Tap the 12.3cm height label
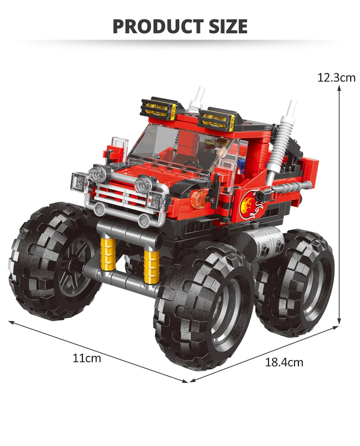pyautogui.click(x=336, y=78)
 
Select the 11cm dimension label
pyautogui.click(x=87, y=358)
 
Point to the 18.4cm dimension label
pyautogui.click(x=284, y=362)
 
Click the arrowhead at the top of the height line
pyautogui.click(x=339, y=88)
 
